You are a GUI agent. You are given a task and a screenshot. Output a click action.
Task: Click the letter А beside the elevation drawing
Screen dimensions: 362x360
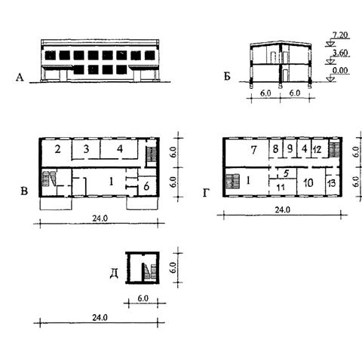tap(20, 78)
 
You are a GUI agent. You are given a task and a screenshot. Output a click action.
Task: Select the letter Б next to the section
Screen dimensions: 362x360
tap(227, 77)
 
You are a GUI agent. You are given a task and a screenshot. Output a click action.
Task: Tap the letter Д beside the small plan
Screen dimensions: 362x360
tap(115, 274)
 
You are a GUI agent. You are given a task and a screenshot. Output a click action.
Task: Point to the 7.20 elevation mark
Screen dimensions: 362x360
tap(340, 35)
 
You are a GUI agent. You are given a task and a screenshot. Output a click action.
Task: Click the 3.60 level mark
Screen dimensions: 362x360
tap(340, 53)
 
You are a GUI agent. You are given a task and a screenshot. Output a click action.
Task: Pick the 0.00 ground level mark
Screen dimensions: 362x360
tap(340, 70)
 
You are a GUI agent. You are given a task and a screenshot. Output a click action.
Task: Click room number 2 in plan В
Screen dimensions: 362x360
tap(58, 149)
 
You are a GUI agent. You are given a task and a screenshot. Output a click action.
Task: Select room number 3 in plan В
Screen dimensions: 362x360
tap(86, 149)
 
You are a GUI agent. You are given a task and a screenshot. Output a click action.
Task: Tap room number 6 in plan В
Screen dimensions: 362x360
tap(146, 186)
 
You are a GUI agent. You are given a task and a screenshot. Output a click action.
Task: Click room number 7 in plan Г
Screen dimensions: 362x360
tap(253, 150)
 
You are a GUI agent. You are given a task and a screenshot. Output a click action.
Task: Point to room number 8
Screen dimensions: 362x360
tap(275, 149)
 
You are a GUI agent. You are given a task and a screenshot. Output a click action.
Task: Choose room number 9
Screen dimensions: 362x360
tap(290, 149)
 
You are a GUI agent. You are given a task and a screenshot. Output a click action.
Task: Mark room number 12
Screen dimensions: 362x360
tap(318, 150)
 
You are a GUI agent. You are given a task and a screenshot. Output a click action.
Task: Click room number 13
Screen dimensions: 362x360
tap(332, 183)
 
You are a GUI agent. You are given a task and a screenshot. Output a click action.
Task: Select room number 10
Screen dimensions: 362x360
tap(308, 183)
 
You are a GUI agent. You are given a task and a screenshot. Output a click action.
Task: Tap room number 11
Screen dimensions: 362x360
tap(281, 188)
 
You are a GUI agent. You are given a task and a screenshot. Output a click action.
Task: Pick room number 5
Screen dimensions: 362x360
tap(286, 173)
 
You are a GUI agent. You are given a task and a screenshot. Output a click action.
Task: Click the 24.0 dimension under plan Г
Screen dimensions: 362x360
tap(283, 209)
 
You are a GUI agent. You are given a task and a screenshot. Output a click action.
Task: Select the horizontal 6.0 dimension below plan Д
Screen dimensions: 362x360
tap(143, 298)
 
